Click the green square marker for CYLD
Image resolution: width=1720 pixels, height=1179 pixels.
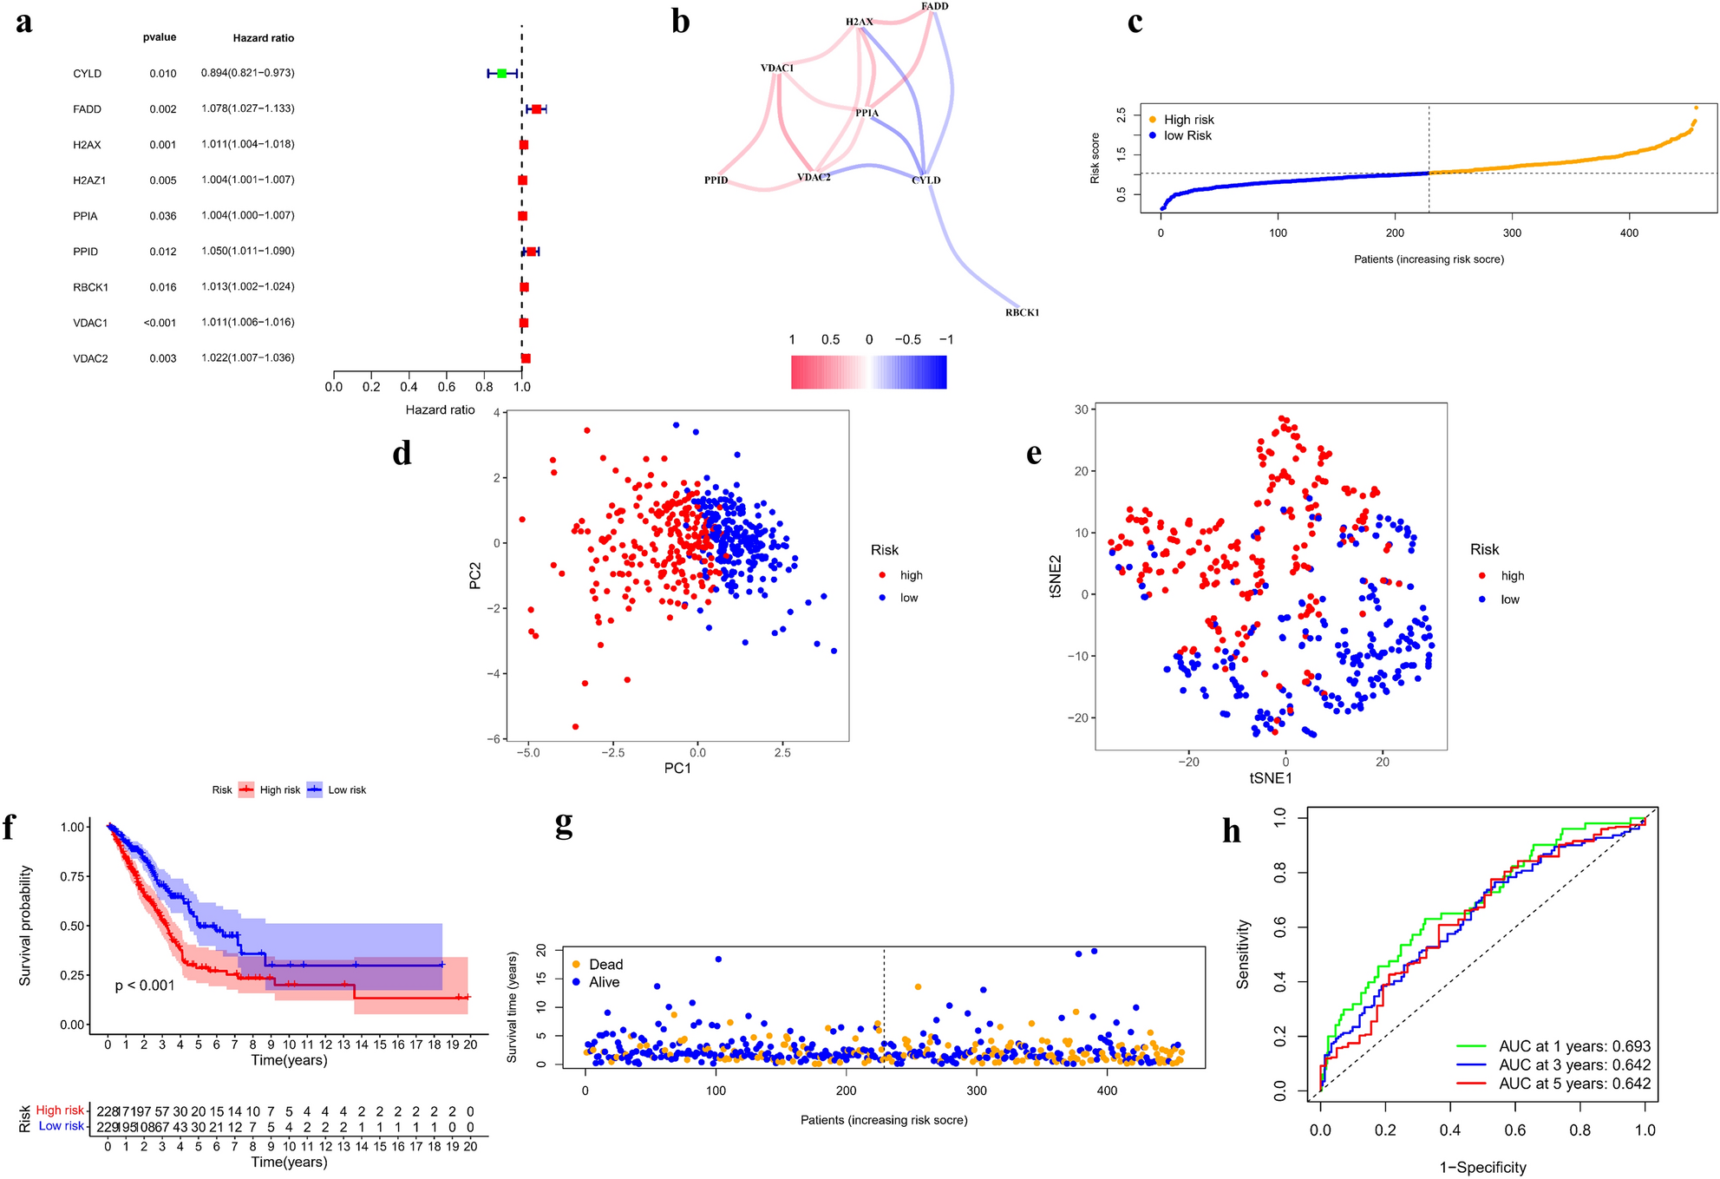point(501,74)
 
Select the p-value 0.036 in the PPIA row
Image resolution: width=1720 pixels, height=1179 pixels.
point(163,216)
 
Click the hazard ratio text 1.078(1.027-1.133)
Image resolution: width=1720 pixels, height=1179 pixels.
point(247,108)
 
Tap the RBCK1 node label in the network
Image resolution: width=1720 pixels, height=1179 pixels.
point(1022,312)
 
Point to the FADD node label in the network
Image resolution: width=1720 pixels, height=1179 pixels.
point(934,6)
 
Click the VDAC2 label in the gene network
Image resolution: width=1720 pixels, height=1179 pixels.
point(814,177)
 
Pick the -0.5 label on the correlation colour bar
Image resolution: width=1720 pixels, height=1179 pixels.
point(907,340)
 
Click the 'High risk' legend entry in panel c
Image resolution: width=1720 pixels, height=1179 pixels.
point(1187,120)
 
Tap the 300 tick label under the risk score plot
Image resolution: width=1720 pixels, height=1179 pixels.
point(1512,233)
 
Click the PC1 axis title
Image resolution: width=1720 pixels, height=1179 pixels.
point(677,768)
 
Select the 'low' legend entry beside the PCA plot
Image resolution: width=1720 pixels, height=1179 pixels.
point(908,598)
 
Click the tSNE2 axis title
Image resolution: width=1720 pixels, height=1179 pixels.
point(1056,576)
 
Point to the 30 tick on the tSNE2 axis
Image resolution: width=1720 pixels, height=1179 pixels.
point(1081,409)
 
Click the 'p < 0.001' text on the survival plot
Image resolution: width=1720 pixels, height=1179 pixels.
point(145,986)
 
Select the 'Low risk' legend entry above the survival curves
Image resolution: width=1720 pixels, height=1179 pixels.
point(346,790)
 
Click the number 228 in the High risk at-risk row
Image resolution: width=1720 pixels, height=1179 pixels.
point(107,1111)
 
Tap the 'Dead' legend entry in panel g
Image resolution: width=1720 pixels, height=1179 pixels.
point(605,965)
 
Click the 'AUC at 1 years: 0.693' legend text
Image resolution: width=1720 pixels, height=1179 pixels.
point(1574,1046)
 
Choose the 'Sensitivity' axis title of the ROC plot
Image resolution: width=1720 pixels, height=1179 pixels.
point(1243,953)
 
